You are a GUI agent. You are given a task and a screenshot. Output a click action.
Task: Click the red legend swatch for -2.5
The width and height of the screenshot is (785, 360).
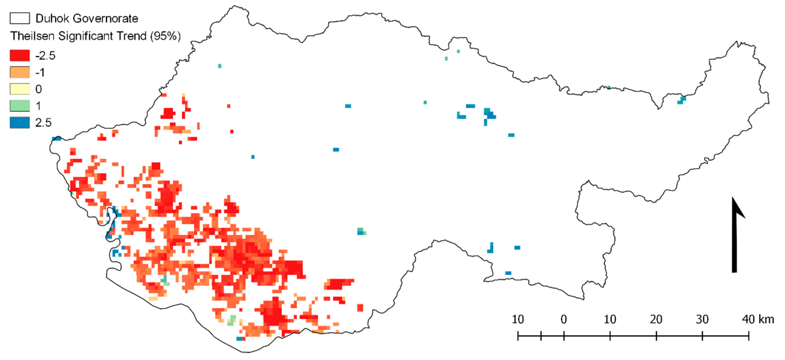[20, 56]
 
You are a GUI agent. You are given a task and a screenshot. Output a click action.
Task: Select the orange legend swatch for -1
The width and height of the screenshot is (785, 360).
[20, 72]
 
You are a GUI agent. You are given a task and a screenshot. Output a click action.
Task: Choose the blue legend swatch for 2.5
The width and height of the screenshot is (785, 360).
[20, 123]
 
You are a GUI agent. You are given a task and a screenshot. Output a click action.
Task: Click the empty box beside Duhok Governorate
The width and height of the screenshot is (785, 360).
[20, 18]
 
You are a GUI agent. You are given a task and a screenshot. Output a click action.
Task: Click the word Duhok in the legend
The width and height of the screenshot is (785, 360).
[53, 19]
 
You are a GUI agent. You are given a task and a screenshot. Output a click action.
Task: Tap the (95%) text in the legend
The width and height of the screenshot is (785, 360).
[165, 36]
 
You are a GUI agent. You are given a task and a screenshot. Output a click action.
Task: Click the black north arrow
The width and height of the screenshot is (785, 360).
[735, 237]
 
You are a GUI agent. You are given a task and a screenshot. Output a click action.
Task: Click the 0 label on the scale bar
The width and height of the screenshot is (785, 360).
[564, 320]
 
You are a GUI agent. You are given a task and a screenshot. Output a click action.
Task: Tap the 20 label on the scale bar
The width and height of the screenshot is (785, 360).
[656, 320]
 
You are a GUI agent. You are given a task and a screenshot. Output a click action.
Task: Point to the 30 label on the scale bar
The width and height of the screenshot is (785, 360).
[702, 320]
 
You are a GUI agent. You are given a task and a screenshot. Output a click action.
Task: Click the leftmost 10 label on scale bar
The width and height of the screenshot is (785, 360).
[518, 320]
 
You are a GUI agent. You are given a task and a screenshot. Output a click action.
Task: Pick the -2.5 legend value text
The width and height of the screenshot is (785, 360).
[45, 56]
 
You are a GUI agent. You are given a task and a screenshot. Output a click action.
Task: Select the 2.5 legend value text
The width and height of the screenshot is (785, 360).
[43, 123]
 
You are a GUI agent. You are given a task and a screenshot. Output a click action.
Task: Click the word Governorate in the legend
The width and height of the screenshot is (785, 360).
[106, 19]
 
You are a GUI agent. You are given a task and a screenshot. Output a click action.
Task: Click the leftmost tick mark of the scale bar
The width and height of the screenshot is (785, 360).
[518, 336]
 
